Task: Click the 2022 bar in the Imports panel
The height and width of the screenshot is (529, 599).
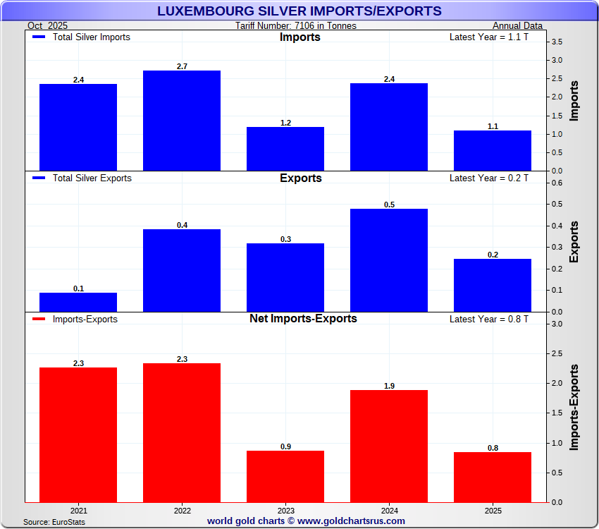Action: [182, 121]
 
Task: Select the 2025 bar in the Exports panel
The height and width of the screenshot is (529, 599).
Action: [493, 285]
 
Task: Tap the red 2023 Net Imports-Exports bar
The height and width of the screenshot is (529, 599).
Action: [285, 476]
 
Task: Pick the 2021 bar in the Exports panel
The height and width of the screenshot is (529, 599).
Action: [78, 302]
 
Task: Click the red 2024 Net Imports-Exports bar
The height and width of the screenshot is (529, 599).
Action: [389, 446]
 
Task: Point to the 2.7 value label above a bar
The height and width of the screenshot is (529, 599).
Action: [182, 66]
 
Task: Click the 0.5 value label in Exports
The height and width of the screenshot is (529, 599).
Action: [389, 205]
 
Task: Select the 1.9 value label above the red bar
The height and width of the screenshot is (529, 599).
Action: [389, 386]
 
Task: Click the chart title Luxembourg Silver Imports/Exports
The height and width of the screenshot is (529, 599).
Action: [299, 11]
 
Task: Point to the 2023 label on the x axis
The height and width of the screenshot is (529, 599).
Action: [285, 509]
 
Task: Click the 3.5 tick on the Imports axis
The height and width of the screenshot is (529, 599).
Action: [557, 42]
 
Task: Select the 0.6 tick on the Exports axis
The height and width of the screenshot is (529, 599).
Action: [557, 183]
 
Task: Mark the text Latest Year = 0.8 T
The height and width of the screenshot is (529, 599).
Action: [488, 319]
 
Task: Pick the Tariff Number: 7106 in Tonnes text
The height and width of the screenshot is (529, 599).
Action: [296, 26]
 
